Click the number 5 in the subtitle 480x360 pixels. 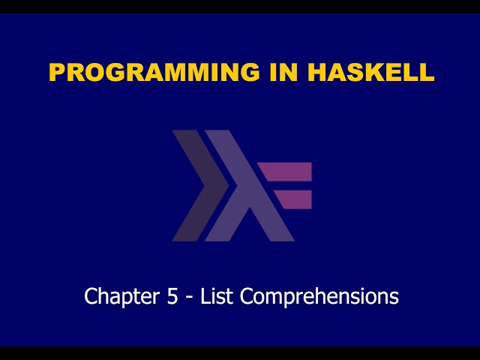(x=172, y=296)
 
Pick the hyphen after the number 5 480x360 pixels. (x=190, y=298)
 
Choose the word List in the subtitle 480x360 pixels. (x=218, y=296)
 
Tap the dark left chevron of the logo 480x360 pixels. (x=196, y=185)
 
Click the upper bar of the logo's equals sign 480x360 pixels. (x=289, y=172)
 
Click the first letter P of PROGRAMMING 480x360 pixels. (x=57, y=72)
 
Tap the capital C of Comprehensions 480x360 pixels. (x=247, y=296)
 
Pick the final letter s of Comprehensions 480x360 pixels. (x=394, y=298)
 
